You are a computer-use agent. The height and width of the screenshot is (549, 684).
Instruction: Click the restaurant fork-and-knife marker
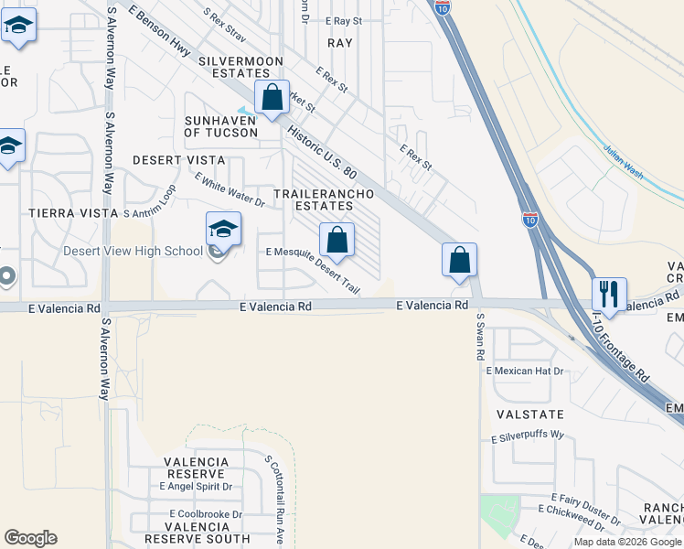[x=609, y=295]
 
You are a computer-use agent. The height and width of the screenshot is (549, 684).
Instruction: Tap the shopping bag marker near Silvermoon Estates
[x=272, y=98]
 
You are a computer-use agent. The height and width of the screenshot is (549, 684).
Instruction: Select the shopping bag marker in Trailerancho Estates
[x=337, y=241]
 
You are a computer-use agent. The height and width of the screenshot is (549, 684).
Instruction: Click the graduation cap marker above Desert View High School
[x=223, y=230]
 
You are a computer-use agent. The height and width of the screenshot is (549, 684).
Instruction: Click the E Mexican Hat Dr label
[x=525, y=371]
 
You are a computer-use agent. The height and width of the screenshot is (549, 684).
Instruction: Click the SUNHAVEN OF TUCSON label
[x=221, y=126]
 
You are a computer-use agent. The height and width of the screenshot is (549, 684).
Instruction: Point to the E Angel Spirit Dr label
[x=196, y=487]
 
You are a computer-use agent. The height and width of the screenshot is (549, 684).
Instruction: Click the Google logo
[x=30, y=538]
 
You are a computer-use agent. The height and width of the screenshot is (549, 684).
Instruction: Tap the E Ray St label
[x=344, y=20]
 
